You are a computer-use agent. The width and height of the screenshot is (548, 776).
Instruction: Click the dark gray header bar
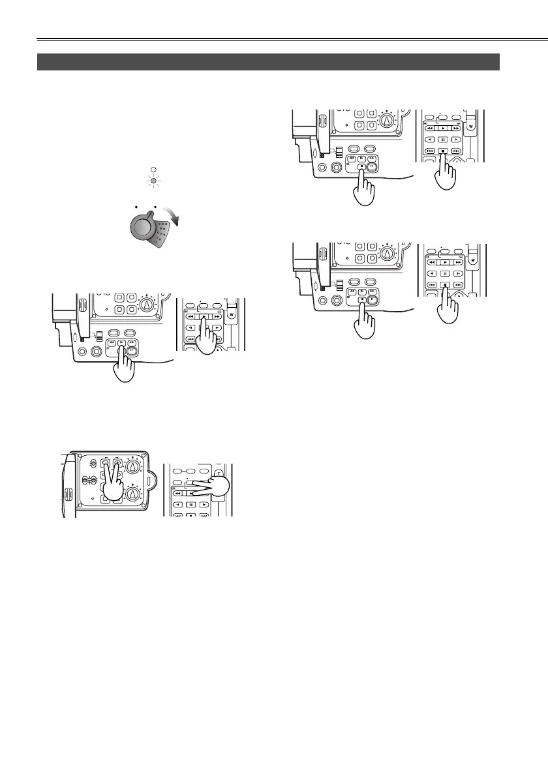coord(268,62)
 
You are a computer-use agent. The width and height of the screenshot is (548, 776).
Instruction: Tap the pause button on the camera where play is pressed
coord(132,350)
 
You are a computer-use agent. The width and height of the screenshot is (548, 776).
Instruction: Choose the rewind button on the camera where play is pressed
coord(113,342)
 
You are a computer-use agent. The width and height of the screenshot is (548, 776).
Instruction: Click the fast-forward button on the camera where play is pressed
coord(132,342)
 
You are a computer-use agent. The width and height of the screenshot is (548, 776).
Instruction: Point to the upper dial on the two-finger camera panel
coord(134,467)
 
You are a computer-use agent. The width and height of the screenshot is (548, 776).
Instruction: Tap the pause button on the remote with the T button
coord(190,505)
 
